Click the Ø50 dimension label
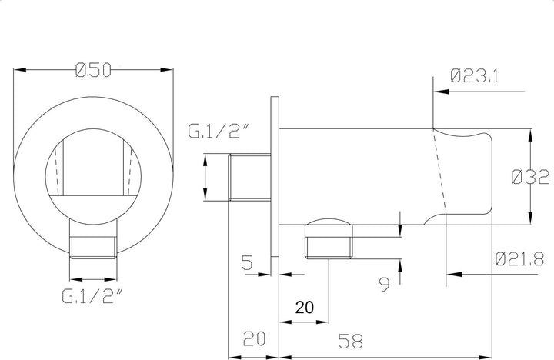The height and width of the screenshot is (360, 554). pos(94,70)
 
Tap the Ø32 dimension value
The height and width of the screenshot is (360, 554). pos(529,177)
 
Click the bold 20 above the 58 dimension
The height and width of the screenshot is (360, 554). pos(305,308)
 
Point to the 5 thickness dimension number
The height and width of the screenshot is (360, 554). pos(247,264)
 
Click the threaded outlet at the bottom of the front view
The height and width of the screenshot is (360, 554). pos(92,248)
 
